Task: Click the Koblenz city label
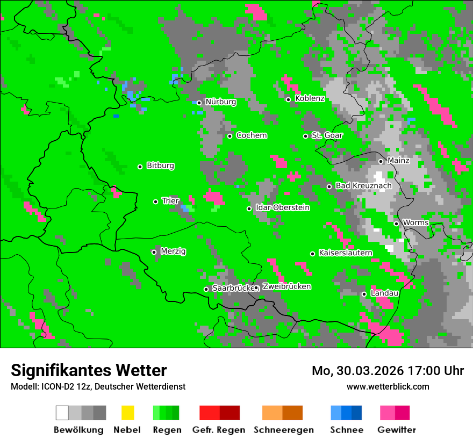pos(310,98)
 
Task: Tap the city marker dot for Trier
pos(156,202)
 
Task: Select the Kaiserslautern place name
pos(345,253)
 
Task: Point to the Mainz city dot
pos(381,161)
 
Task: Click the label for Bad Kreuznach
pos(363,185)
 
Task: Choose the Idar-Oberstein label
pos(283,207)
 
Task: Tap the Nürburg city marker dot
pos(199,103)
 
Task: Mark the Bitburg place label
pos(160,166)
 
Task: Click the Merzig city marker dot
pos(154,252)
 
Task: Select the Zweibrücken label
pos(286,286)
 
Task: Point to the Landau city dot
pos(364,294)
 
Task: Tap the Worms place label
pos(415,222)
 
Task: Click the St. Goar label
pos(327,135)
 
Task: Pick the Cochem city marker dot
pos(230,136)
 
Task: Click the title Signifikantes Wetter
pos(89,370)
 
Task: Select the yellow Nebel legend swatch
pos(127,413)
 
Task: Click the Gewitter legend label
pos(397,430)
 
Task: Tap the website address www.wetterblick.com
pos(388,386)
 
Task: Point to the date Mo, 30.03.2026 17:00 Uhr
pos(388,371)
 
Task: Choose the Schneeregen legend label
pos(283,430)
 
